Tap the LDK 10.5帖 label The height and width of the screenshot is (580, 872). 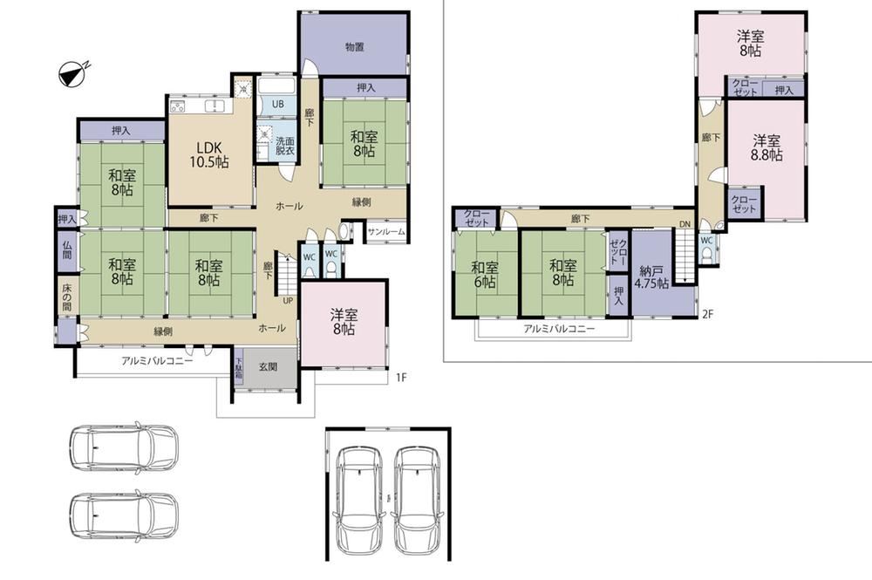tap(209, 154)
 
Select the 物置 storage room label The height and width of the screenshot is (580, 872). tap(354, 47)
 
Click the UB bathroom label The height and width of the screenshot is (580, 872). tap(277, 104)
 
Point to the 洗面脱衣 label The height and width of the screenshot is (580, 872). tap(285, 146)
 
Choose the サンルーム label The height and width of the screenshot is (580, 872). tap(386, 232)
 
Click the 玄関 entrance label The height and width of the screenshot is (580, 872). tap(269, 366)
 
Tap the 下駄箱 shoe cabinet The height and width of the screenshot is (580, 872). tap(238, 368)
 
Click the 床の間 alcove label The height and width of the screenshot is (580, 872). tap(67, 297)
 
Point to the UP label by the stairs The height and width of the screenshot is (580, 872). tap(288, 301)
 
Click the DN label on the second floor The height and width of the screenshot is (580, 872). tap(685, 224)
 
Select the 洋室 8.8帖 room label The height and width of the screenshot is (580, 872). tap(766, 147)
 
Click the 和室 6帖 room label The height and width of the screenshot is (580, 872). tap(485, 274)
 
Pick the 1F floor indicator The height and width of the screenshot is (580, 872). tap(401, 378)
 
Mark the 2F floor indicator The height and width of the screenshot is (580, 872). tap(707, 314)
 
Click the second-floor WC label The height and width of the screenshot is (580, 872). tap(706, 241)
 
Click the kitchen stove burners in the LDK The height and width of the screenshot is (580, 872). tap(177, 106)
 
